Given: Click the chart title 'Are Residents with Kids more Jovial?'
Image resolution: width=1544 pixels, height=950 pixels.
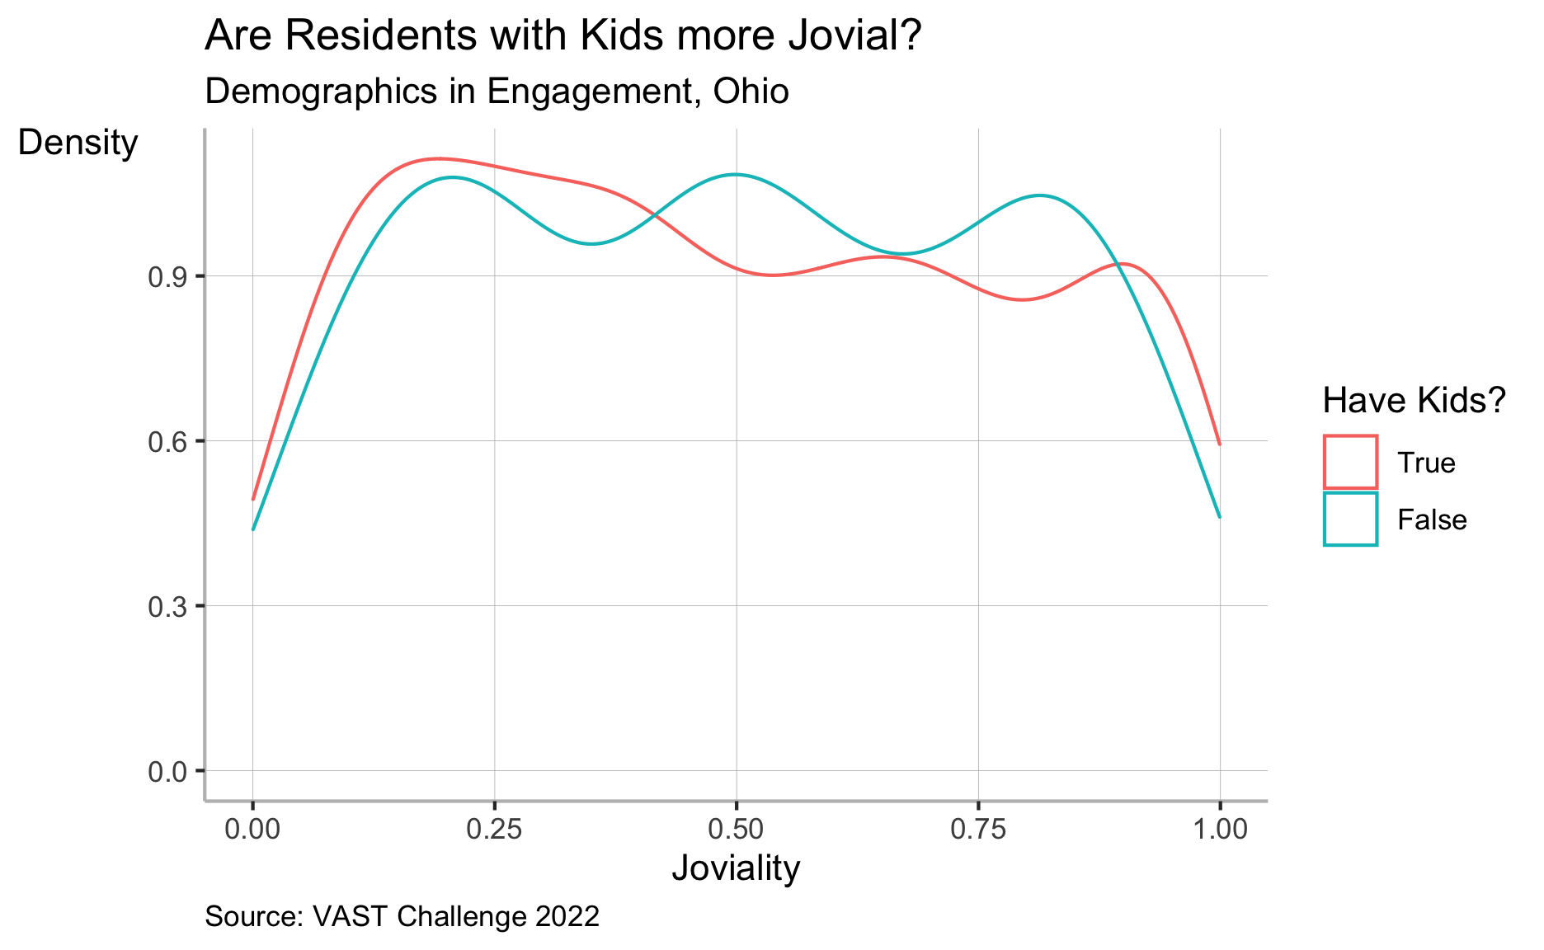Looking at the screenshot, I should click(562, 37).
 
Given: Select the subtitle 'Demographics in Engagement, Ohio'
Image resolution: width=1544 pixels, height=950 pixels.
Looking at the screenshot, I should click(497, 92).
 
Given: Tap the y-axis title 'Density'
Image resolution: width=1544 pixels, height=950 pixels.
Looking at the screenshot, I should click(78, 143).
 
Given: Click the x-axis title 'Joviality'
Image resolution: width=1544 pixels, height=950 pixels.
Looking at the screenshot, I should click(736, 868).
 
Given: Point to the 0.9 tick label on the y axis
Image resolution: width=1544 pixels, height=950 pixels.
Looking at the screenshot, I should click(164, 277).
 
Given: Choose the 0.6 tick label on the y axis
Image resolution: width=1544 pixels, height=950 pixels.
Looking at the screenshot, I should click(164, 442).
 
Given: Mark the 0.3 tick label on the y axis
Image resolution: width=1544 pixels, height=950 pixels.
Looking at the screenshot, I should click(164, 607).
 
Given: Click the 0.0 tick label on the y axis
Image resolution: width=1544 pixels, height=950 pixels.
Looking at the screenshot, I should click(164, 772).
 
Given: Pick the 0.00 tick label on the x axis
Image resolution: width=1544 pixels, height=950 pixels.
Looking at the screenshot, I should click(252, 830).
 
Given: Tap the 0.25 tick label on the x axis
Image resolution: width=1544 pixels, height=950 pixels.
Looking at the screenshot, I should click(494, 830).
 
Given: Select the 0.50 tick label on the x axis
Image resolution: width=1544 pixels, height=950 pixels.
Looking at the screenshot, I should click(736, 830).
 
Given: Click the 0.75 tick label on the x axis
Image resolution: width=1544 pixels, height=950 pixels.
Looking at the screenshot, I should click(977, 830).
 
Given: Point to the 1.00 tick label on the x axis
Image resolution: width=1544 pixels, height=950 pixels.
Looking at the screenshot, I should click(1219, 830).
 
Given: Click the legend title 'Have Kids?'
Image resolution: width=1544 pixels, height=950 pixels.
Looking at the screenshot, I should click(1415, 401).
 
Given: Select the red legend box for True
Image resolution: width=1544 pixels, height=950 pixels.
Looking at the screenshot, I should click(1350, 462).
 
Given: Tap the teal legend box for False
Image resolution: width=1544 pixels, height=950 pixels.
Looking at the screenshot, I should click(1350, 520).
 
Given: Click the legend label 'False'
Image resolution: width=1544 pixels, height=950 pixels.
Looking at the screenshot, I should click(1432, 520).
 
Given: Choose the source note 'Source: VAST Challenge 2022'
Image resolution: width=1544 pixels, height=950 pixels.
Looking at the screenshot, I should click(402, 917).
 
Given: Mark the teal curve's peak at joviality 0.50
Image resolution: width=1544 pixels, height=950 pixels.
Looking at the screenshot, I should click(735, 175).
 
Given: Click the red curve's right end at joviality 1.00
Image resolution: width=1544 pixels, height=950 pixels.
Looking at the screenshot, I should click(1219, 444).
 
